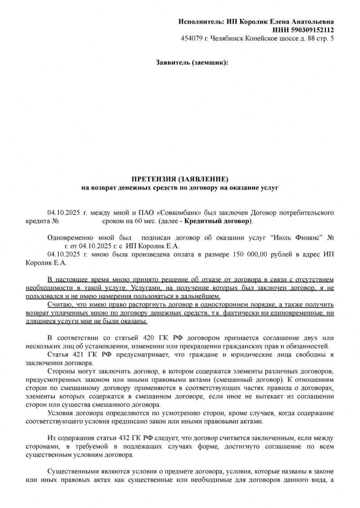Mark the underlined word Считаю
59,305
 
